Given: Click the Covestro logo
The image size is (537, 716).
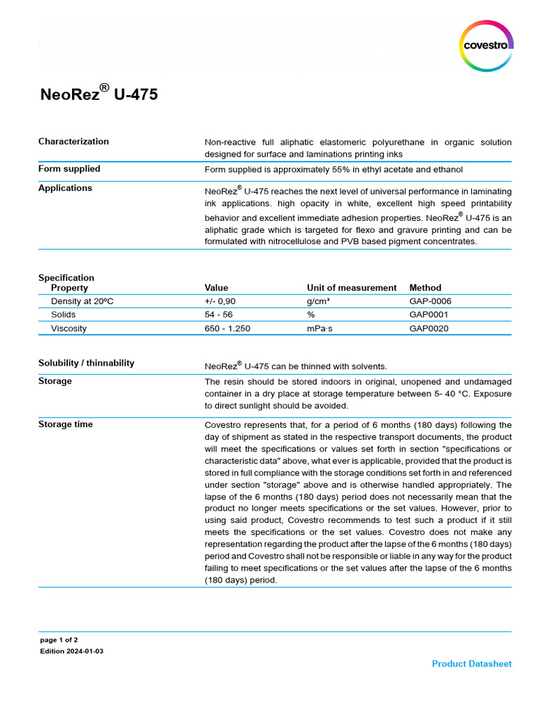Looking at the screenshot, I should coord(487,45).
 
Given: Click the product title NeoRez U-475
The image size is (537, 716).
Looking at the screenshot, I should coord(99,93).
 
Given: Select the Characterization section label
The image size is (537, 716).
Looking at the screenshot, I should coord(73,141).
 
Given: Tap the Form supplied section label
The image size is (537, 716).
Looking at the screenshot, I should coord(69,169).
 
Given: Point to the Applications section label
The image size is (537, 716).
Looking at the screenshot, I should coord(65,188).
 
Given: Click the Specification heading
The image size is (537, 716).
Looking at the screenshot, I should coord(66,278).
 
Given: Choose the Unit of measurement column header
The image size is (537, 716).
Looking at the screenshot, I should coord(352,287).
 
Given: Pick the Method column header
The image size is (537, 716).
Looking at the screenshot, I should coord(425,287).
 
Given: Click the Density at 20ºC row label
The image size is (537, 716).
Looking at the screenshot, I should coord(83,301).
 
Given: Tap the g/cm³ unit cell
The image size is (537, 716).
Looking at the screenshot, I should coord(318,301).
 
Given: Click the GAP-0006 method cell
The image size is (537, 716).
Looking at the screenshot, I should coord(430,301).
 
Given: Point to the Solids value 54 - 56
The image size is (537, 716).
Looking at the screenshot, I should coord(219,315).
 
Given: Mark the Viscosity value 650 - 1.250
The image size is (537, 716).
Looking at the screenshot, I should coord(227,328).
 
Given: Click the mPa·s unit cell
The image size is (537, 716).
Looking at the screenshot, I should coord(320,328).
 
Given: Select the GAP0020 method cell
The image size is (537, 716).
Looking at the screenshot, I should coord(429,328).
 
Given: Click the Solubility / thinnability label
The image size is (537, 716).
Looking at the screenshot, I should coord(86,363).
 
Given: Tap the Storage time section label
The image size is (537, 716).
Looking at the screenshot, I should coord(65,424).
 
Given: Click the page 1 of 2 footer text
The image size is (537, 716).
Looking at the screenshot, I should coord(59,640).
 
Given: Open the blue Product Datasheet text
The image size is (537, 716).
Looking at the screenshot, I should coord(471,664).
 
